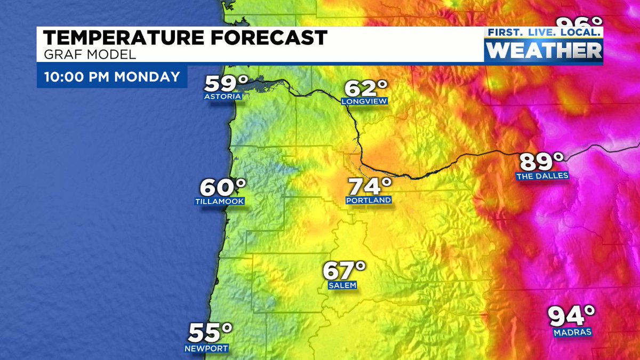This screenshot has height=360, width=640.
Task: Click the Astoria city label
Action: tap(222, 97)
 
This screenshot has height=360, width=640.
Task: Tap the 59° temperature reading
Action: tap(226, 83)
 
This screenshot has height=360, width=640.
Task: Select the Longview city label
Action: tap(365, 101)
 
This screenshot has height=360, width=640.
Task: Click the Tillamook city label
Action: tap(220, 202)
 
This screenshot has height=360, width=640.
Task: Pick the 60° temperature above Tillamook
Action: tap(222, 187)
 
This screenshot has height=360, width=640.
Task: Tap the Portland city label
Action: tap(369, 201)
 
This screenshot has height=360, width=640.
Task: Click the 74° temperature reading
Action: tap(370, 187)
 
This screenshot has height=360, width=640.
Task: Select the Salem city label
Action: tap(342, 285)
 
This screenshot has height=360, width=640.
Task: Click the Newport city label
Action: tap(206, 348)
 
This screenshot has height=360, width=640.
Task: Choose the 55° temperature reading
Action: tap(210, 333)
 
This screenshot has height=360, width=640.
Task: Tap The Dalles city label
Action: tap(542, 175)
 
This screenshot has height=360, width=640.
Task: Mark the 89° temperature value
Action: tap(541, 161)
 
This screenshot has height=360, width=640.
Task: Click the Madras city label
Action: tap(572, 332)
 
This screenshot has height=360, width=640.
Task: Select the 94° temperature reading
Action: tap(572, 316)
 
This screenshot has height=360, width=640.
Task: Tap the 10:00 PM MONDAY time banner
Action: tap(112, 76)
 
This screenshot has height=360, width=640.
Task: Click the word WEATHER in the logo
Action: tap(545, 50)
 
